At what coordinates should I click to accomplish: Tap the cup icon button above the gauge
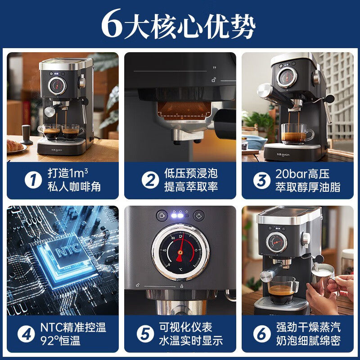click(161, 215)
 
